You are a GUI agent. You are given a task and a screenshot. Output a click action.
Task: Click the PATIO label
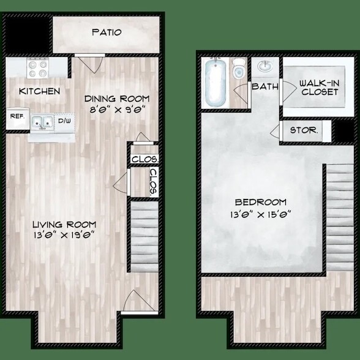pyautogui.click(x=107, y=32)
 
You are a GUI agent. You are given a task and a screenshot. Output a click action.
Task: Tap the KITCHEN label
pyautogui.click(x=39, y=91)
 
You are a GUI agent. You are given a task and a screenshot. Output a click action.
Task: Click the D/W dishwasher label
pyautogui.click(x=64, y=121)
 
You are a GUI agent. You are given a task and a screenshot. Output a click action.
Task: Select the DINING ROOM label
pyautogui.click(x=117, y=99)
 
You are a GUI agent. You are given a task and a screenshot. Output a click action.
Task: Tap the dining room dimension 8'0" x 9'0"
pyautogui.click(x=117, y=111)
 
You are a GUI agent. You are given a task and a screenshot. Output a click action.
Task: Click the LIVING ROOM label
pyautogui.click(x=65, y=224)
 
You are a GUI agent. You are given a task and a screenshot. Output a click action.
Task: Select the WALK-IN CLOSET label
pyautogui.click(x=319, y=88)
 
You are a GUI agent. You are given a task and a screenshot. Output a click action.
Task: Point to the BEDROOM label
pyautogui.click(x=261, y=202)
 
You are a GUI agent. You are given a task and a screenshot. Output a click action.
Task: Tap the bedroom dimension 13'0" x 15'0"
pyautogui.click(x=261, y=214)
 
